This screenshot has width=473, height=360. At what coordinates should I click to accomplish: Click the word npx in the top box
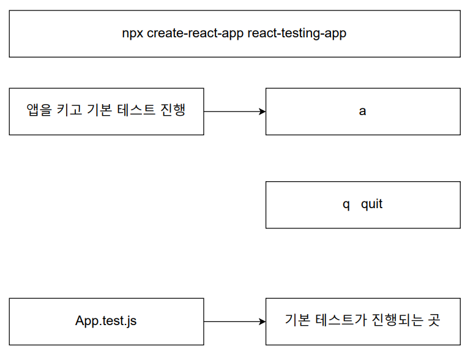tap(133, 34)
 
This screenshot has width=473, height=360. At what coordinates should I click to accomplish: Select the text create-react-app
tap(195, 34)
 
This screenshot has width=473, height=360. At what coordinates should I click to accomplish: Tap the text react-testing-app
tap(297, 34)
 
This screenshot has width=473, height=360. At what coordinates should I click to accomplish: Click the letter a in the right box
tap(362, 112)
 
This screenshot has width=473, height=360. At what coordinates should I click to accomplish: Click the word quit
tap(371, 204)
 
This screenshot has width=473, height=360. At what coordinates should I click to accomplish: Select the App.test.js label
tap(106, 321)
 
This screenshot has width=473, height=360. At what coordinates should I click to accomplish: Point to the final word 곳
tap(433, 320)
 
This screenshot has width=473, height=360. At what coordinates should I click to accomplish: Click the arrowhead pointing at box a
tap(262, 111)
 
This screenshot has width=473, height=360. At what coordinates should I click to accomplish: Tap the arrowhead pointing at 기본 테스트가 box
tap(262, 321)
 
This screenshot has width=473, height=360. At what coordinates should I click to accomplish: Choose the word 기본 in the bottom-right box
tap(298, 320)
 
